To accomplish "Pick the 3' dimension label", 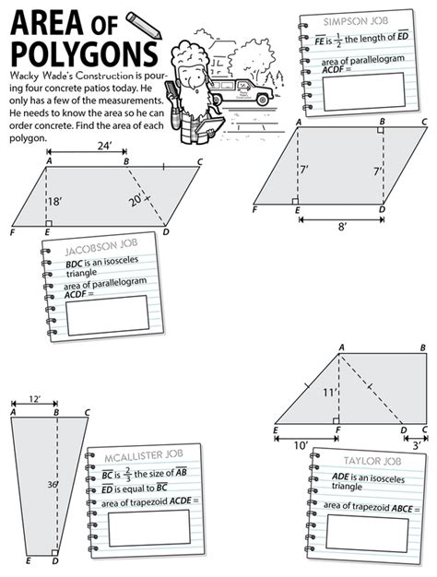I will pyautogui.click(x=417, y=445).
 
